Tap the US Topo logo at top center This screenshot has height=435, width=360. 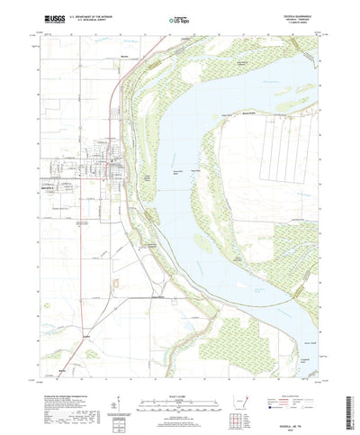point(179,17)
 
